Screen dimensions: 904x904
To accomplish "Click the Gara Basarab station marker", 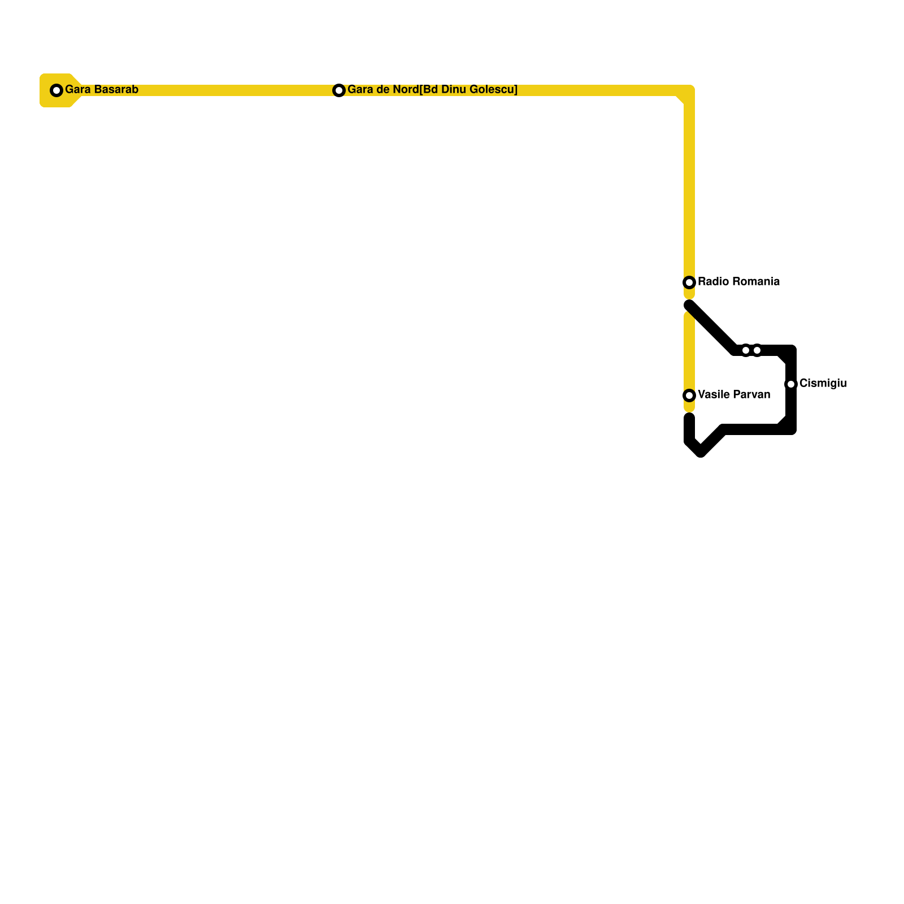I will (56, 90).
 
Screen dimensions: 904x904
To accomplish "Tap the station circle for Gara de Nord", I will (339, 90).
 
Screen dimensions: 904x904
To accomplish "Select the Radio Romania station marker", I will (689, 282).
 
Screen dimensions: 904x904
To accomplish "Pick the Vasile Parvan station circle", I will (689, 395).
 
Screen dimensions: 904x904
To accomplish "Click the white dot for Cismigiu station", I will (791, 384).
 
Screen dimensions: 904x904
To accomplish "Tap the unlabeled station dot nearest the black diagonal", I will (746, 350).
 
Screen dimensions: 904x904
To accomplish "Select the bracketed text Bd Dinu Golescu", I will (468, 90).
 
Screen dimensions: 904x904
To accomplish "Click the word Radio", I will (712, 281).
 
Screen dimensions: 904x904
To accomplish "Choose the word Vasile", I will (713, 394).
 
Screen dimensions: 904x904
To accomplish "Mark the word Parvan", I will (752, 394).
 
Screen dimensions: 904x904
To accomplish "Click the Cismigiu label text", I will (823, 383).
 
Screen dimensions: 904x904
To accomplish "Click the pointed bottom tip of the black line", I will (701, 453).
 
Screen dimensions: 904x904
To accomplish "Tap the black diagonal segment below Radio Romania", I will (712, 328).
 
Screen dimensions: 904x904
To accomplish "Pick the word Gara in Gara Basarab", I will (78, 90).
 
